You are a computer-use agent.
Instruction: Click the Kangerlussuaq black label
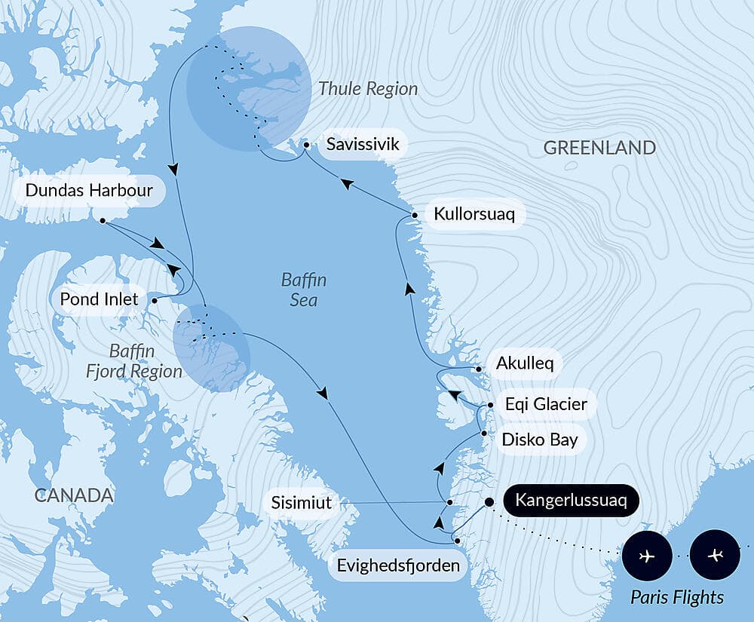tap(570, 501)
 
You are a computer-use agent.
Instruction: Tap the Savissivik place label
tap(362, 143)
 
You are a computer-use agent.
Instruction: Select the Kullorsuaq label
tap(474, 215)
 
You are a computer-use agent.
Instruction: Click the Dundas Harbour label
tap(89, 190)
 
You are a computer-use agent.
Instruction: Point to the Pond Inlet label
tap(99, 299)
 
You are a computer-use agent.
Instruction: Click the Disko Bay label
tap(539, 439)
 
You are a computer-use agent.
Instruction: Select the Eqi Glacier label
tap(545, 404)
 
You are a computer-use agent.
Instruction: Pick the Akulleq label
tap(524, 363)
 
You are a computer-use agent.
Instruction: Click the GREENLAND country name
tap(599, 148)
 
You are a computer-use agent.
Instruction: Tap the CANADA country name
tap(74, 495)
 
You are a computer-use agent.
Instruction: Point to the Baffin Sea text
tap(303, 290)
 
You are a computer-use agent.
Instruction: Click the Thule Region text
tap(367, 89)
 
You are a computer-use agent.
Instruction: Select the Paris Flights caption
tap(676, 597)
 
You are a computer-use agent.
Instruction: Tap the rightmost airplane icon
tap(715, 556)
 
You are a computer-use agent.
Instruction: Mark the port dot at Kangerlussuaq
tap(489, 501)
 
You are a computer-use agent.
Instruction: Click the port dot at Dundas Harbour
tap(103, 220)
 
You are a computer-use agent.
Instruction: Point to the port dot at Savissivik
tap(306, 143)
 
